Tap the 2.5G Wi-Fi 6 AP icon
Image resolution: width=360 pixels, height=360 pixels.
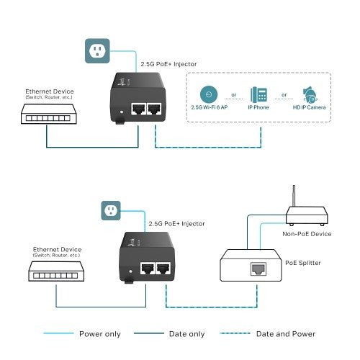click(208, 94)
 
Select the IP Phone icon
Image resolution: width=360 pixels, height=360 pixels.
click(259, 94)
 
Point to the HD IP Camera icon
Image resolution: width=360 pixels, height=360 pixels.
click(310, 95)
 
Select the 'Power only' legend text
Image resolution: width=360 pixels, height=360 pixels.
click(100, 334)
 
